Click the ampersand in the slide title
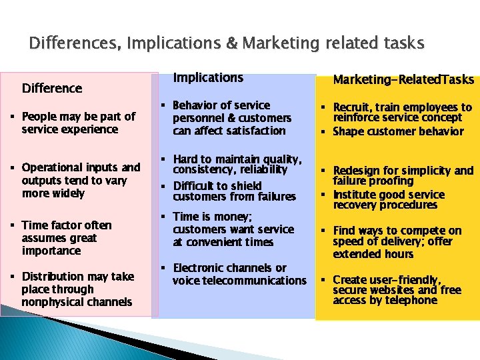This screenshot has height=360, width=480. point(229,44)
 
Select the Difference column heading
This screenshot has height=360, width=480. point(52,88)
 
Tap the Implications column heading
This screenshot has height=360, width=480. point(208,78)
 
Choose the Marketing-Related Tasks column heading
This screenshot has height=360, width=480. point(403,80)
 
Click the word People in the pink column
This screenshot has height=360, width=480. point(39,117)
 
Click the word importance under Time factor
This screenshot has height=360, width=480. point(51,251)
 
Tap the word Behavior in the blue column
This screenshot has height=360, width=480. point(197,105)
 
